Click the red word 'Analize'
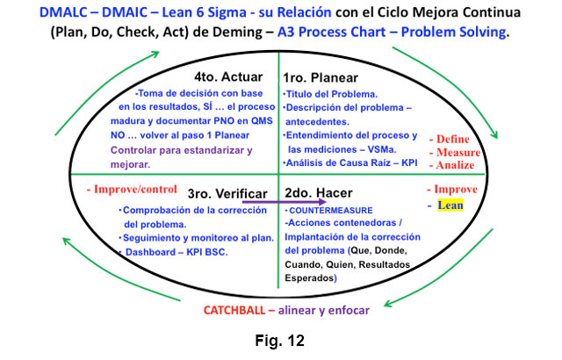click(x=451, y=165)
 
